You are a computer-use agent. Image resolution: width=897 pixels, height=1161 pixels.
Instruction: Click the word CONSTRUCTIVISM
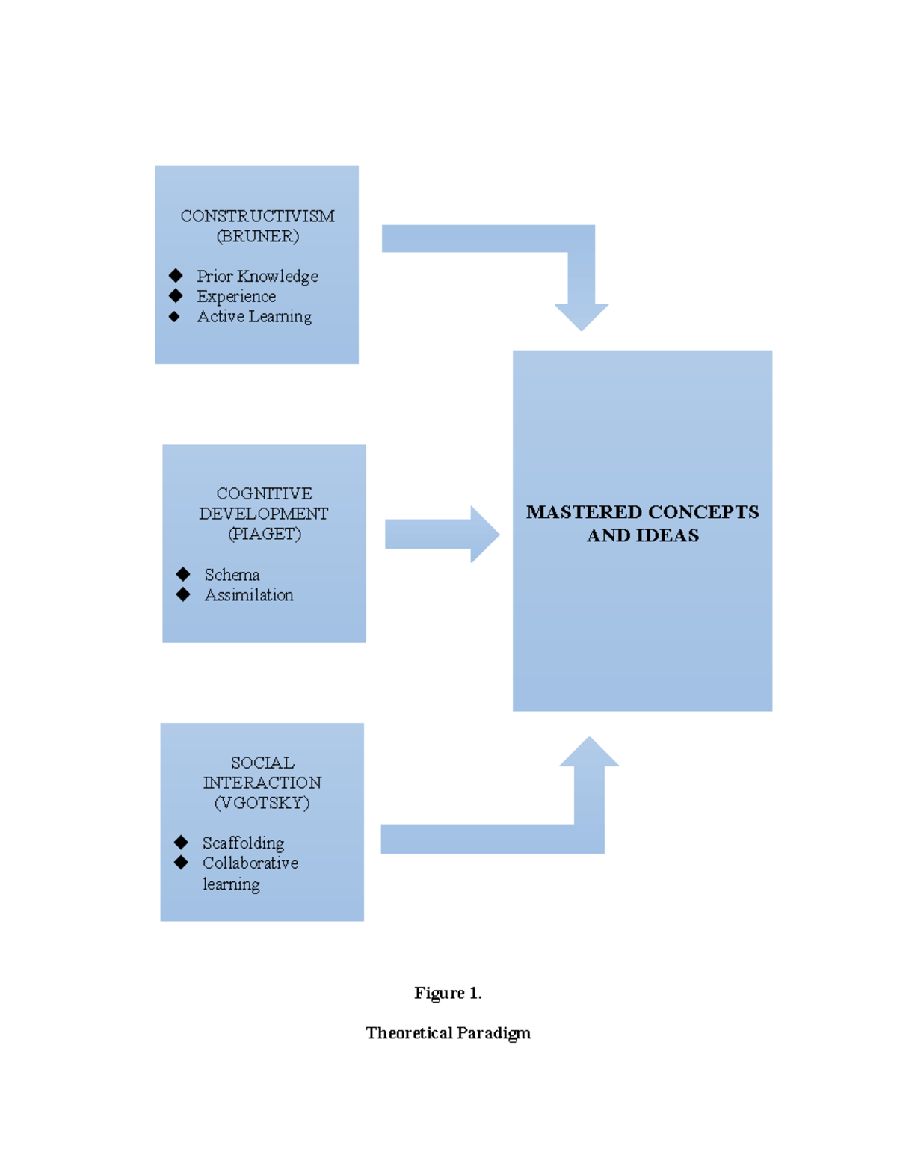(x=257, y=216)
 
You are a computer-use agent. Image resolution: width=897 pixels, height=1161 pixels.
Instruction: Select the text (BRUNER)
(x=257, y=236)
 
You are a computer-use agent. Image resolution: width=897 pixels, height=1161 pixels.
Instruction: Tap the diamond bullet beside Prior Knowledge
(x=176, y=276)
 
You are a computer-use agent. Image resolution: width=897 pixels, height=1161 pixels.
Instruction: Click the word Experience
(x=236, y=297)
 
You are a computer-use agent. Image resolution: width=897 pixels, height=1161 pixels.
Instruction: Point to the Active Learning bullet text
(x=254, y=317)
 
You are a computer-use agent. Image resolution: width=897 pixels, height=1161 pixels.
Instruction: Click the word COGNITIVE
(x=264, y=493)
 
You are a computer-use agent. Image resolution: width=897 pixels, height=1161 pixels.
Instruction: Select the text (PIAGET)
(x=264, y=534)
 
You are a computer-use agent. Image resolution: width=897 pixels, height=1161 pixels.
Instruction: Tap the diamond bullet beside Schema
(x=183, y=574)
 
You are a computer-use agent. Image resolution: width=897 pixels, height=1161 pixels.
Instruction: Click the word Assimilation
(x=249, y=595)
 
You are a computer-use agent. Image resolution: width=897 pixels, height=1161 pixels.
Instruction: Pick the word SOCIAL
(x=262, y=763)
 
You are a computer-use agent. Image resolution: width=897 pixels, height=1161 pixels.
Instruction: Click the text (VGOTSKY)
(x=262, y=803)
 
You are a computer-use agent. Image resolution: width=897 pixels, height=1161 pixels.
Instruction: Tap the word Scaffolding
(x=243, y=843)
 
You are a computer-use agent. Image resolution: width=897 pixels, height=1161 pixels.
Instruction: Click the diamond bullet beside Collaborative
(x=181, y=863)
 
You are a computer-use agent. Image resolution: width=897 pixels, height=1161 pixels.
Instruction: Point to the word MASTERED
(x=584, y=512)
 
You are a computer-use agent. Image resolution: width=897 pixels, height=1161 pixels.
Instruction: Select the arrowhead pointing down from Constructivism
(x=582, y=315)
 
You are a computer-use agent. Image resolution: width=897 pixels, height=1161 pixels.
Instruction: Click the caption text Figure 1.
(x=448, y=993)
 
